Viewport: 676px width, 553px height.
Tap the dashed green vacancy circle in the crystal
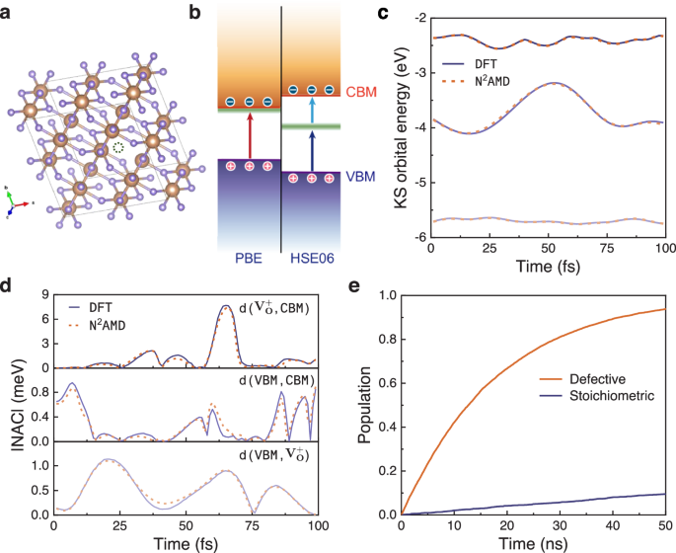pos(119,147)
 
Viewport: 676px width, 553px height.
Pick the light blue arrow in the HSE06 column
pos(312,108)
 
